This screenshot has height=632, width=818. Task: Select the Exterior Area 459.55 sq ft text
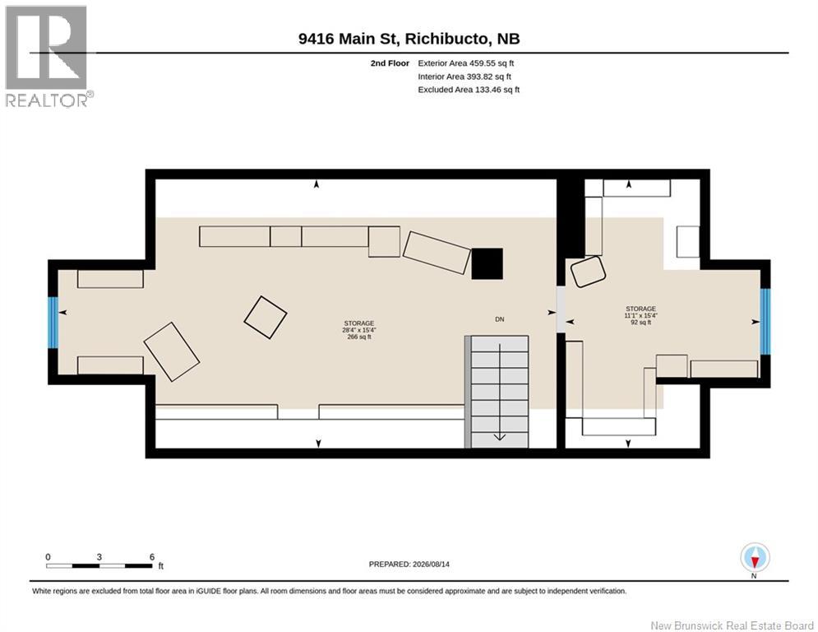click(466, 63)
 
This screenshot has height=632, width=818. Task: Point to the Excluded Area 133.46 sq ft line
click(469, 90)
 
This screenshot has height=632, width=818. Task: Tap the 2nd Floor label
click(390, 63)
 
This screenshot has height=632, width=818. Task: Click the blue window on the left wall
click(53, 323)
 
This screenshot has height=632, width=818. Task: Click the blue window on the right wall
click(765, 321)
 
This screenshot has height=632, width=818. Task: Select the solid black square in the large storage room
click(488, 264)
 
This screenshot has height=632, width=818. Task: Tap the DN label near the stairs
click(500, 319)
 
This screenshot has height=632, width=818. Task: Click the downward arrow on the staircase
click(500, 392)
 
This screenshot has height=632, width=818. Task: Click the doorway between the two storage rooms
click(561, 309)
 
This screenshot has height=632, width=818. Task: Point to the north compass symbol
click(755, 558)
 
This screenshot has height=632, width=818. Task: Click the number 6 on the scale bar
click(152, 557)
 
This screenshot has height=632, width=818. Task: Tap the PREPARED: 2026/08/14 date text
click(409, 564)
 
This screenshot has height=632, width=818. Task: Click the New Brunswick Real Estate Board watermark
click(732, 625)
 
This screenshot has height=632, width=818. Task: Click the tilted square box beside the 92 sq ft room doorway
click(588, 271)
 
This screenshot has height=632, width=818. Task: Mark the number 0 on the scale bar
click(48, 557)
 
